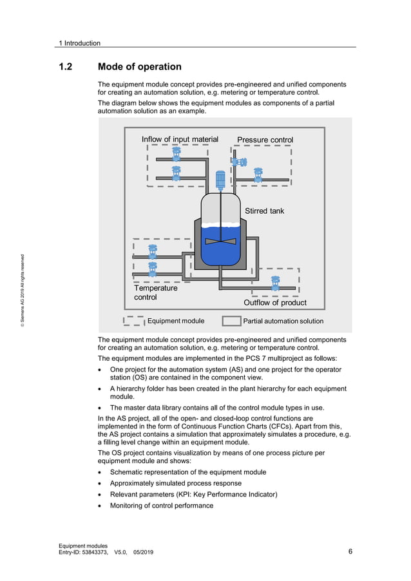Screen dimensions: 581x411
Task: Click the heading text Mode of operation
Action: [x=139, y=67]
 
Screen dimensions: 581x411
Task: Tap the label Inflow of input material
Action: [x=180, y=139]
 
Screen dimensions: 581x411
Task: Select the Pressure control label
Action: [x=265, y=140]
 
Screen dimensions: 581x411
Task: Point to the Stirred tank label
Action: [x=264, y=211]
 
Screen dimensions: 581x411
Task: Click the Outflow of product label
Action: [x=274, y=303]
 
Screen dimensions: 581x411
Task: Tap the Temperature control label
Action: [x=155, y=293]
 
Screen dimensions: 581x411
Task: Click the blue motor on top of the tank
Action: [x=220, y=180]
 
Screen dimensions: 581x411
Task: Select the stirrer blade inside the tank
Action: [x=221, y=242]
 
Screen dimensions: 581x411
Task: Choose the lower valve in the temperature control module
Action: [x=153, y=268]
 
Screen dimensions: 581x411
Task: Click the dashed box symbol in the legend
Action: [x=134, y=320]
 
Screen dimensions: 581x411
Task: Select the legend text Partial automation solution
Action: [x=283, y=321]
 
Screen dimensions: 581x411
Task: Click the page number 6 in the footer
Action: [x=350, y=551]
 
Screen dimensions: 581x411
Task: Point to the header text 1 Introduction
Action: [x=79, y=43]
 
